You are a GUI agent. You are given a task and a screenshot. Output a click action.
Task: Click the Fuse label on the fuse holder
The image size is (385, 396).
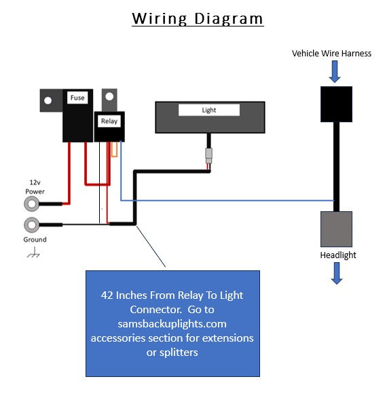[77, 98]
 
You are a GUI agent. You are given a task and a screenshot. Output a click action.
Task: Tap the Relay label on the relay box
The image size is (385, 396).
[109, 121]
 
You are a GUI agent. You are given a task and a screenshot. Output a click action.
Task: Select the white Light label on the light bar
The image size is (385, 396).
[209, 110]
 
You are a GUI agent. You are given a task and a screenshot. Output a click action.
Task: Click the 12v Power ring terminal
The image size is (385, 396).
[31, 204]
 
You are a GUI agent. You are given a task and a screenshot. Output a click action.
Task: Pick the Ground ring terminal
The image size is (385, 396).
[31, 225]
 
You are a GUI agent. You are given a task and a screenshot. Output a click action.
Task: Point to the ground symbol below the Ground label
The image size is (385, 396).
[33, 253]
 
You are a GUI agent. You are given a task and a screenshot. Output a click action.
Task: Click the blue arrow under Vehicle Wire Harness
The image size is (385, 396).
[335, 72]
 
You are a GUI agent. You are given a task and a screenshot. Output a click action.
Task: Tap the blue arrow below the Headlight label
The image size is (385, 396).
[337, 273]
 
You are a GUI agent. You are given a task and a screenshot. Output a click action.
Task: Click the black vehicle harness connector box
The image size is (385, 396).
[336, 105]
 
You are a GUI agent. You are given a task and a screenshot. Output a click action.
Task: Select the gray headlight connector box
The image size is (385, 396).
[336, 229]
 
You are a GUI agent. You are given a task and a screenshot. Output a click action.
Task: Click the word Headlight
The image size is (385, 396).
[338, 255]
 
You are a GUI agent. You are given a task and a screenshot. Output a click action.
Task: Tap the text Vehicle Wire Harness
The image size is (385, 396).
[331, 53]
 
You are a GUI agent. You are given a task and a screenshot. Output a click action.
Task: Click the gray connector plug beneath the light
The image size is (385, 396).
[208, 156]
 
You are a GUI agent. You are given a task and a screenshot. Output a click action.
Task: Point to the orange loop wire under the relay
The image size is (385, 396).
[115, 149]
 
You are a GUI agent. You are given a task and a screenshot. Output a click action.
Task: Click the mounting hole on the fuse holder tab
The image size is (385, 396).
[48, 101]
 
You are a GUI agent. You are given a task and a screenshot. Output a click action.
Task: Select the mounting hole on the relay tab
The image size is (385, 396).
[109, 96]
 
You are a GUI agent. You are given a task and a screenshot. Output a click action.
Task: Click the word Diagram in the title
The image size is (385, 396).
[228, 19]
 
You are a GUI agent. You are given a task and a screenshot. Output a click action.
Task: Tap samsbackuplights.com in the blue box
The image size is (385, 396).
[172, 324]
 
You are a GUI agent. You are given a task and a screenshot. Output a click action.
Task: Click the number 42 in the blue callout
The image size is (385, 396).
[107, 295]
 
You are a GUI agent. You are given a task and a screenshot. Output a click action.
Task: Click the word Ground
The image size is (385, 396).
[35, 239]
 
